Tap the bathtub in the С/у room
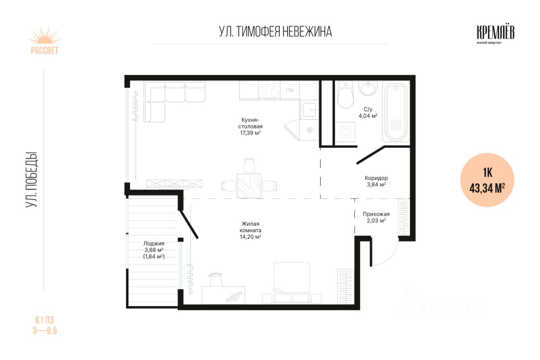[396, 112]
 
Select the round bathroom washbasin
[368, 89]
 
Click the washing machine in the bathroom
[345, 132]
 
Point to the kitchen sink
[310, 110]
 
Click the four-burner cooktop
[270, 90]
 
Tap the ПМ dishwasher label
[290, 90]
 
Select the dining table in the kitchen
[249, 186]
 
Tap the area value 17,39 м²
[250, 133]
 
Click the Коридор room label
[376, 178]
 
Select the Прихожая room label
[376, 214]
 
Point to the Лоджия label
[154, 243]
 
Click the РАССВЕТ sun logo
[45, 40]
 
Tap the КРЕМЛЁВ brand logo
[495, 35]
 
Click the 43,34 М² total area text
[487, 188]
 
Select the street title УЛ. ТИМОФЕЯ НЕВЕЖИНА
[275, 32]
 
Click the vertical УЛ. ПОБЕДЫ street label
[31, 180]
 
